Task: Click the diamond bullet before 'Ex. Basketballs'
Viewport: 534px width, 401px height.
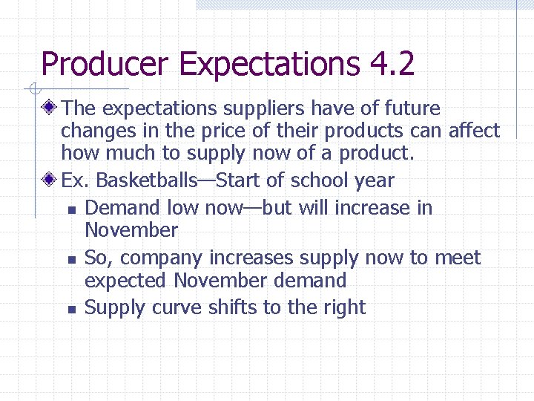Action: coord(50,180)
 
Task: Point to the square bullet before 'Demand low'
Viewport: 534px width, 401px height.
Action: coord(71,210)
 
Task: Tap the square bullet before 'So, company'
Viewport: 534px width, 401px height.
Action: coord(71,260)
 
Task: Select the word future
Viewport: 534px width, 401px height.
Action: coord(412,108)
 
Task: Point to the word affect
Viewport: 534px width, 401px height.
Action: coord(475,131)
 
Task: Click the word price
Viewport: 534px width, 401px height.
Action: coord(227,131)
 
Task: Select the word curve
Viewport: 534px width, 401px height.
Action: coord(177,307)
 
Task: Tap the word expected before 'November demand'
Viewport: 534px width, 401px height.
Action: coord(127,281)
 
